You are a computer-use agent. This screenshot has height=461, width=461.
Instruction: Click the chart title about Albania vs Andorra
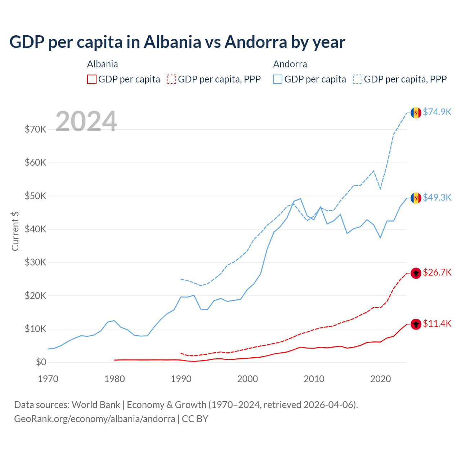coord(177,42)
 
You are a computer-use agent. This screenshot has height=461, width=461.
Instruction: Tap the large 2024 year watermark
coord(86,121)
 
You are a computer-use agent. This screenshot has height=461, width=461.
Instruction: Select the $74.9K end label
coord(437,112)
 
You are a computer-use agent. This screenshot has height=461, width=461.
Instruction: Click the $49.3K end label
coord(437,198)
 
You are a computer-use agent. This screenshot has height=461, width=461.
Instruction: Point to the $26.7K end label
coord(437,273)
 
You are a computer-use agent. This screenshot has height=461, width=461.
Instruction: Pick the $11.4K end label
coord(437,324)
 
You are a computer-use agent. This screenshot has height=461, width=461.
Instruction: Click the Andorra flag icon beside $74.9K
coord(416,113)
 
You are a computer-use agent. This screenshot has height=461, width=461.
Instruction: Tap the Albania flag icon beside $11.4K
coord(416,324)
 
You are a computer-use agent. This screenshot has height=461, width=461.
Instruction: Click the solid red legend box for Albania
coord(92,79)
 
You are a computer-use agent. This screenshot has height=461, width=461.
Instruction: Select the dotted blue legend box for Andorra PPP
coord(358,79)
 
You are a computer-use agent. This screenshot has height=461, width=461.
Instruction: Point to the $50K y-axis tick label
coord(35,196)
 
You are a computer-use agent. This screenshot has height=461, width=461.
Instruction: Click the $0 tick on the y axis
coord(41,362)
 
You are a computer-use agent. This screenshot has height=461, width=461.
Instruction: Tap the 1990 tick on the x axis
coord(181,379)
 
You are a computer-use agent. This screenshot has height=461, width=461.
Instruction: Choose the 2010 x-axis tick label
coord(314,379)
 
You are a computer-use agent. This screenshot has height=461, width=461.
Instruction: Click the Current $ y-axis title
coord(15,231)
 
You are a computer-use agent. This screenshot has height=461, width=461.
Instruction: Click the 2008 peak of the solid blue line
coord(300,198)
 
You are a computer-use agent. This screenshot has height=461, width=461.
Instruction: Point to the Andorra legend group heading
coord(290,64)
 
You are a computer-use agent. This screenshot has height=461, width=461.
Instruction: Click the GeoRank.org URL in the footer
coord(94,419)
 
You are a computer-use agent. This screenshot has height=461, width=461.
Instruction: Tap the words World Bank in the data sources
coord(96,405)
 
